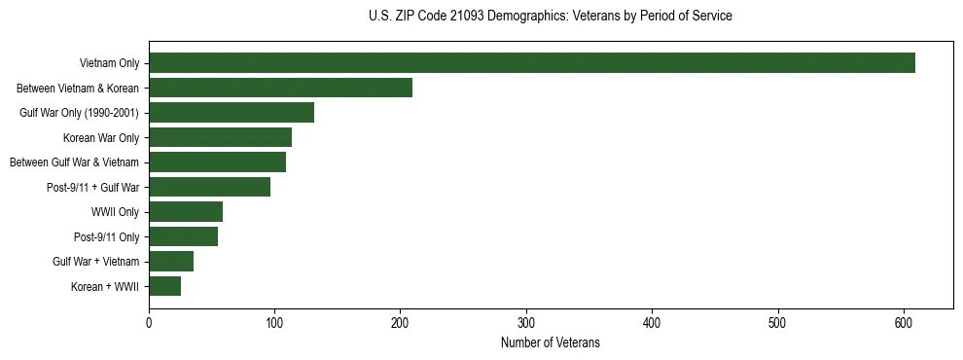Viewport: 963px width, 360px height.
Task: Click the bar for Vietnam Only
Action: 532,63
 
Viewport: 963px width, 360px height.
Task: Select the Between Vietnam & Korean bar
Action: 280,88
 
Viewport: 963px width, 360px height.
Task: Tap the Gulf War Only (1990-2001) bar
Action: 232,113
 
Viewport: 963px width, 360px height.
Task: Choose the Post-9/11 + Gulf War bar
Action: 209,187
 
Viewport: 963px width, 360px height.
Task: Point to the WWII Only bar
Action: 186,212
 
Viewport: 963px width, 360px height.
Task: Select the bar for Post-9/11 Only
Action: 183,236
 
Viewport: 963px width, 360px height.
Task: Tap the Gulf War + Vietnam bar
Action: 171,262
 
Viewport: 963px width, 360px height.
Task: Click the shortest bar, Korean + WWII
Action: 164,286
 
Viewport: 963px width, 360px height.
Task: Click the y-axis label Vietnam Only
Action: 109,64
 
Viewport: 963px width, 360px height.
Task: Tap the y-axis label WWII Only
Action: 115,212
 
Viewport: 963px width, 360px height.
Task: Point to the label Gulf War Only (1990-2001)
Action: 80,113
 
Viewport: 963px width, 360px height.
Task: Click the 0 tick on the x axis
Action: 149,323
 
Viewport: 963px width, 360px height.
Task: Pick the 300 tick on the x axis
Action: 526,323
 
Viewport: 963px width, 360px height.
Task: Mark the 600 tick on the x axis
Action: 904,323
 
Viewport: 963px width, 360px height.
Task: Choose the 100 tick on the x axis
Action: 274,323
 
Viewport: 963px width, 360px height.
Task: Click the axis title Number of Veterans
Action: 550,343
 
